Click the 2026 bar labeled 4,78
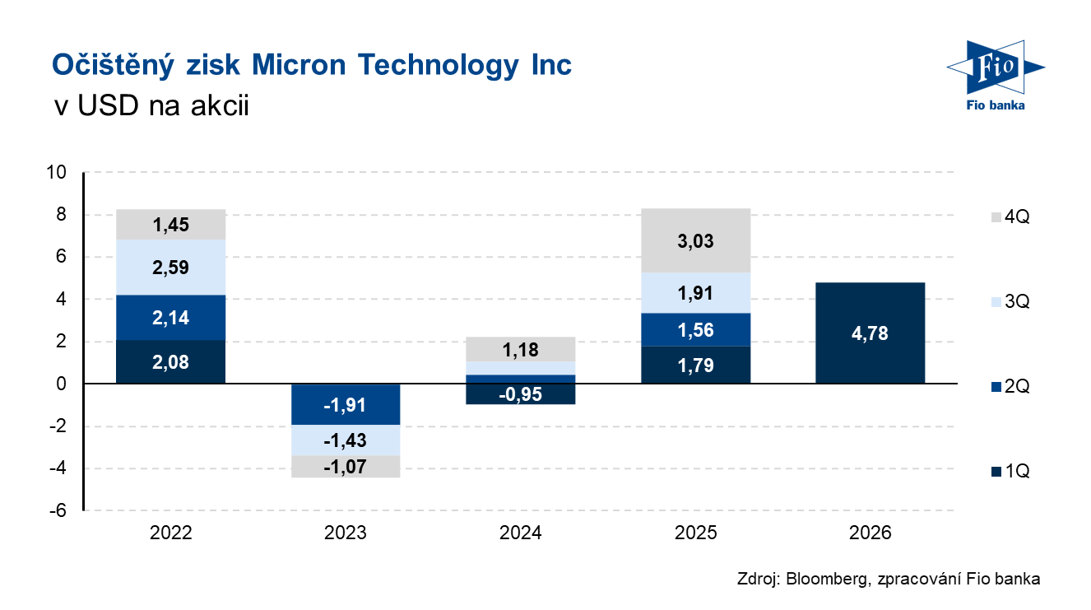(x=870, y=333)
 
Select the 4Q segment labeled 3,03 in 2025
(x=695, y=240)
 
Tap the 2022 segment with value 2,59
(x=170, y=267)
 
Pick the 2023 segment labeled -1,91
(x=346, y=404)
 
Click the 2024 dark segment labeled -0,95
(x=520, y=393)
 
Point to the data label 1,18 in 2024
(x=520, y=350)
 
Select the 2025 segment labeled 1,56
(x=695, y=330)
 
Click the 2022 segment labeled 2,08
(x=170, y=361)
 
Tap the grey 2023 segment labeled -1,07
(x=346, y=467)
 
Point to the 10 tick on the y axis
(x=57, y=173)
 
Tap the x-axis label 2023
(x=346, y=533)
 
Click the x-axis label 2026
(x=870, y=533)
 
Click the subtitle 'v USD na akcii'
(x=150, y=105)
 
